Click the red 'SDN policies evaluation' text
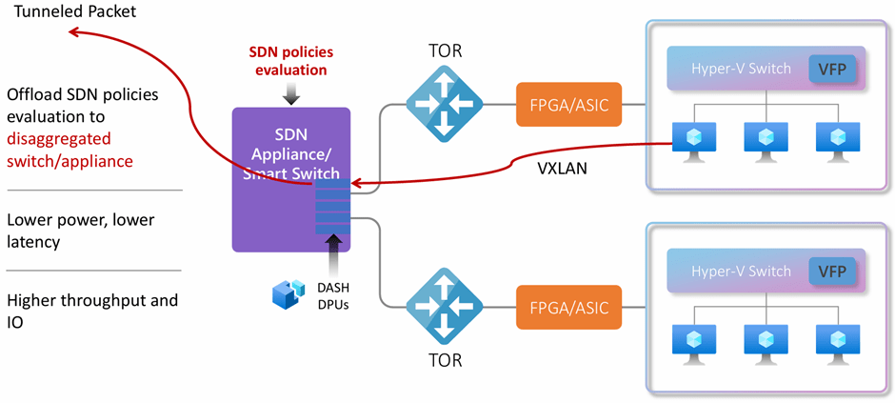(x=291, y=60)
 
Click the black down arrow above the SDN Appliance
(x=290, y=92)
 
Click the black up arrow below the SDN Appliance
(x=332, y=258)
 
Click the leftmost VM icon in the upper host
(x=688, y=138)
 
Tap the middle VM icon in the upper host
(x=761, y=138)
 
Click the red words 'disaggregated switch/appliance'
(x=69, y=150)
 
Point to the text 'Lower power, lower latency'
(x=80, y=231)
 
